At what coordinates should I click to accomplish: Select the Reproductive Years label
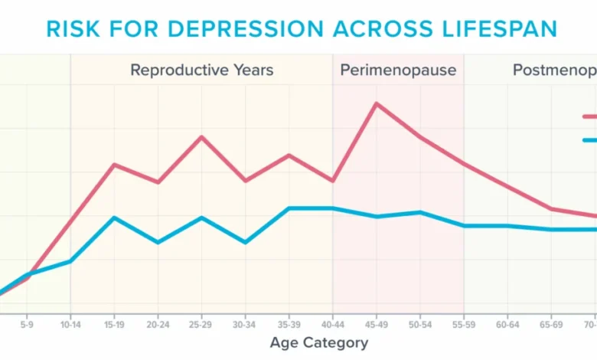201,70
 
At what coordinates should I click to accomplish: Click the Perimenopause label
398,70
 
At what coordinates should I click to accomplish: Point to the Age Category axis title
319,342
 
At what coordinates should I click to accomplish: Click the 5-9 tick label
27,325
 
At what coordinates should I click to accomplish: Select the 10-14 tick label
70,325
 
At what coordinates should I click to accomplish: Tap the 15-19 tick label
114,325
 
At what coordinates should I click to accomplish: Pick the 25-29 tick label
201,325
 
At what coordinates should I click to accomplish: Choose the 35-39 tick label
289,325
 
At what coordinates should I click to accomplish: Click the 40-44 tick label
332,325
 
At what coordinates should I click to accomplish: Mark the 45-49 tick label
376,325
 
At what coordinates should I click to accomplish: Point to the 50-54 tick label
419,325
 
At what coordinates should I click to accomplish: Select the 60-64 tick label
507,325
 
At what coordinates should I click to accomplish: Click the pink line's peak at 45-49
376,103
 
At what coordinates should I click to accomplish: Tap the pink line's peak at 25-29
201,137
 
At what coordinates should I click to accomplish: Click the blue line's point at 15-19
114,218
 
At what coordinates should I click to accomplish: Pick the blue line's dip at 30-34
245,242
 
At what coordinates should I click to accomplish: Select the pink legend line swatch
589,117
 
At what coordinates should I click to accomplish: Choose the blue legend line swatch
589,140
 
